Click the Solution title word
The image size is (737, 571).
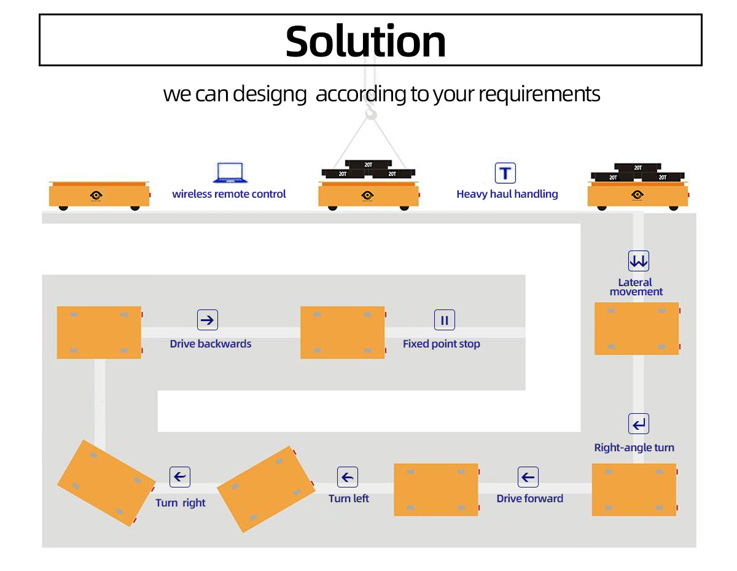coord(365,41)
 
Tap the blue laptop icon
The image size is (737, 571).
coord(230,173)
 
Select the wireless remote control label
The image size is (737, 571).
coord(229,194)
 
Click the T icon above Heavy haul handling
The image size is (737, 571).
coord(505,173)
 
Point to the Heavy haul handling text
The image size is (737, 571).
coord(507,194)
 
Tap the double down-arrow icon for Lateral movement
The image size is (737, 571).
coord(638,261)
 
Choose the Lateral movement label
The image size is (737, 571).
coord(636,287)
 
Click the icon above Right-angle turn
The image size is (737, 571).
coord(639,424)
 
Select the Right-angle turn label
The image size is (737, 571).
coord(634,448)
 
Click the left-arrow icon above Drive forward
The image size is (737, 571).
coord(528,477)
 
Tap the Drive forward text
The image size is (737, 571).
coord(529,499)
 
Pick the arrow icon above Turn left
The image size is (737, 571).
coord(348,477)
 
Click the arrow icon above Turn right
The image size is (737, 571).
coord(180,477)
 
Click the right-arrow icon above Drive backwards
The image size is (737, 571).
coord(208,320)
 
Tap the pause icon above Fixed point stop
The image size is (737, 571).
coord(445,320)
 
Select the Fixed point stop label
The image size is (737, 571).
coord(441,344)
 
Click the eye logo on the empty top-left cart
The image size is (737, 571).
coord(96,195)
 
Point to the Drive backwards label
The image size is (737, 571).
coord(211,344)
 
